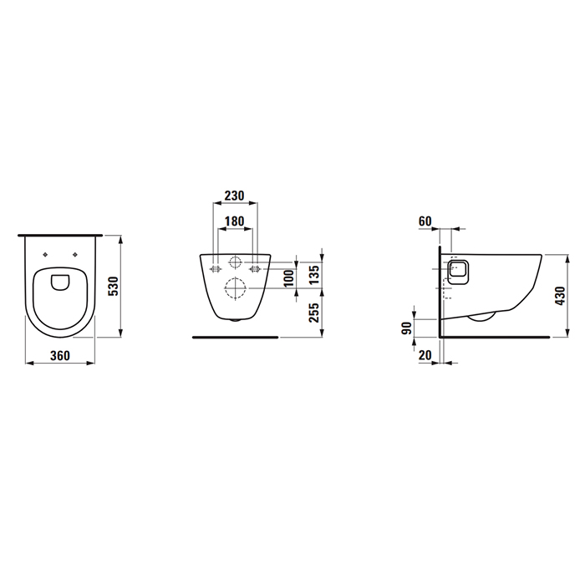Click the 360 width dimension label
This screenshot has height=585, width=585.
pyautogui.click(x=59, y=355)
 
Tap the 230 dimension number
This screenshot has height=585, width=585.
pyautogui.click(x=235, y=196)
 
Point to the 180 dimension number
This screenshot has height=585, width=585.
pyautogui.click(x=235, y=222)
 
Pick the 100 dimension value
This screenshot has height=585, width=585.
pyautogui.click(x=288, y=278)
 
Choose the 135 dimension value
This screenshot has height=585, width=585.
pyautogui.click(x=314, y=273)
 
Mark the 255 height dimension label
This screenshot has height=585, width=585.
pyautogui.click(x=314, y=313)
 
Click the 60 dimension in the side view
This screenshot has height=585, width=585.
pyautogui.click(x=424, y=221)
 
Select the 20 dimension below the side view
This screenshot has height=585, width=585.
pyautogui.click(x=427, y=355)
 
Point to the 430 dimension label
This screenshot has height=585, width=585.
pyautogui.click(x=559, y=294)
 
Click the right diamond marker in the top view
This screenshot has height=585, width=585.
pyautogui.click(x=76, y=255)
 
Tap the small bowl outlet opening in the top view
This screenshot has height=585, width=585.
pyautogui.click(x=59, y=282)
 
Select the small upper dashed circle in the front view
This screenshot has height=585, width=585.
pyautogui.click(x=236, y=262)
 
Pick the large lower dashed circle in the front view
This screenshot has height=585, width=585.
pyautogui.click(x=236, y=290)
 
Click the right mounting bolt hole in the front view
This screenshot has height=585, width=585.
pyautogui.click(x=255, y=268)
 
